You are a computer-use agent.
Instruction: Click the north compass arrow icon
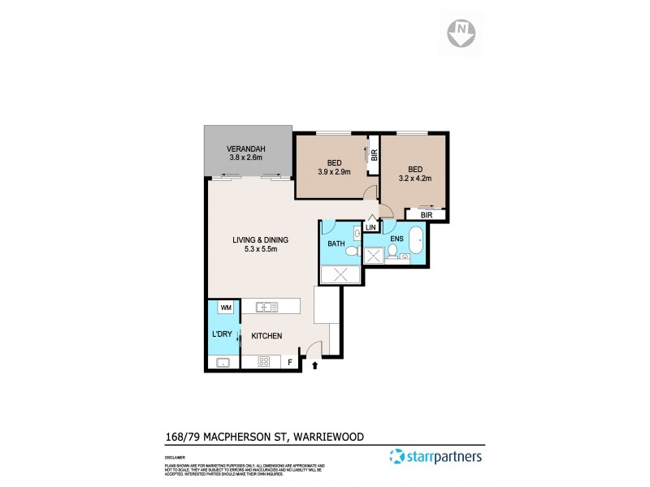tap(462, 34)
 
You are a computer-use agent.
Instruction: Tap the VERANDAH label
tap(246, 149)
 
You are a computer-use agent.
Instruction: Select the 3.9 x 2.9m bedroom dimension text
tap(333, 172)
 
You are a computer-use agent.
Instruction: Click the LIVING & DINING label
tap(260, 239)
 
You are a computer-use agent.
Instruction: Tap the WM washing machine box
tap(226, 308)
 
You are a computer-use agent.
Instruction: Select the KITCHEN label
tap(266, 335)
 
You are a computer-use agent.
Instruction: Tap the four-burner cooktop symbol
tap(264, 362)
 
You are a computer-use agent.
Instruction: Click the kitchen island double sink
tap(266, 307)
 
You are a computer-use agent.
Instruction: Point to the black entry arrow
tap(314, 367)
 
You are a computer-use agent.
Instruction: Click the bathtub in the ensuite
tap(416, 242)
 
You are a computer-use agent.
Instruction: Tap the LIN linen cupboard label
tap(371, 227)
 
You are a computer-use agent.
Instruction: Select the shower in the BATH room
tap(340, 274)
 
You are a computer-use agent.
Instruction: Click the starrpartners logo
tap(436, 456)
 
